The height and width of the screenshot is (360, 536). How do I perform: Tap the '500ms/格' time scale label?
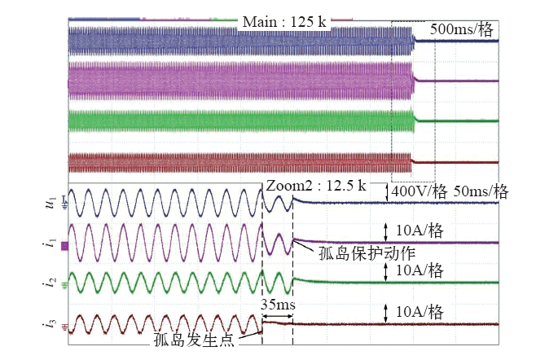point(461,29)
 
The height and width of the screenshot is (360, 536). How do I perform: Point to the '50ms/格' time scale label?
point(480,193)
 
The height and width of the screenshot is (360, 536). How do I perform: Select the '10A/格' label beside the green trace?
point(418,270)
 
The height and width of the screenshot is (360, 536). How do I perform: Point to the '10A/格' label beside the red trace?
point(418,312)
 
